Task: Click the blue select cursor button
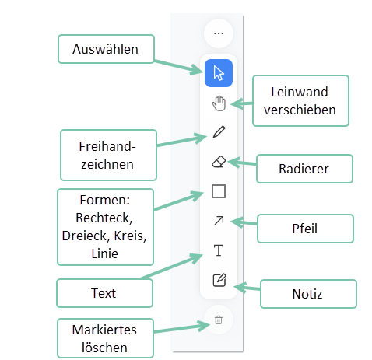219,73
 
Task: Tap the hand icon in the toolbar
219,103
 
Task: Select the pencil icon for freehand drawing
219,131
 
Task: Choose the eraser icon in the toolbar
219,162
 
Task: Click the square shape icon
219,191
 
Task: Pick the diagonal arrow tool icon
219,221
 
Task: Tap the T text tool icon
219,250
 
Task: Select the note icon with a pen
219,280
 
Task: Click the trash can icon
219,320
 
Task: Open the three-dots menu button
219,33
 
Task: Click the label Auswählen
105,49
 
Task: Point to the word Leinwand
300,92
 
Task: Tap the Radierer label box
304,169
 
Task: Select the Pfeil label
305,229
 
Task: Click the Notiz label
307,294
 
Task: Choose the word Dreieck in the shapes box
86,236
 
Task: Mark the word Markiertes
104,330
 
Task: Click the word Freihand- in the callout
107,146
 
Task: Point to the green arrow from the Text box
171,267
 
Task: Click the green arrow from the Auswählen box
179,67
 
